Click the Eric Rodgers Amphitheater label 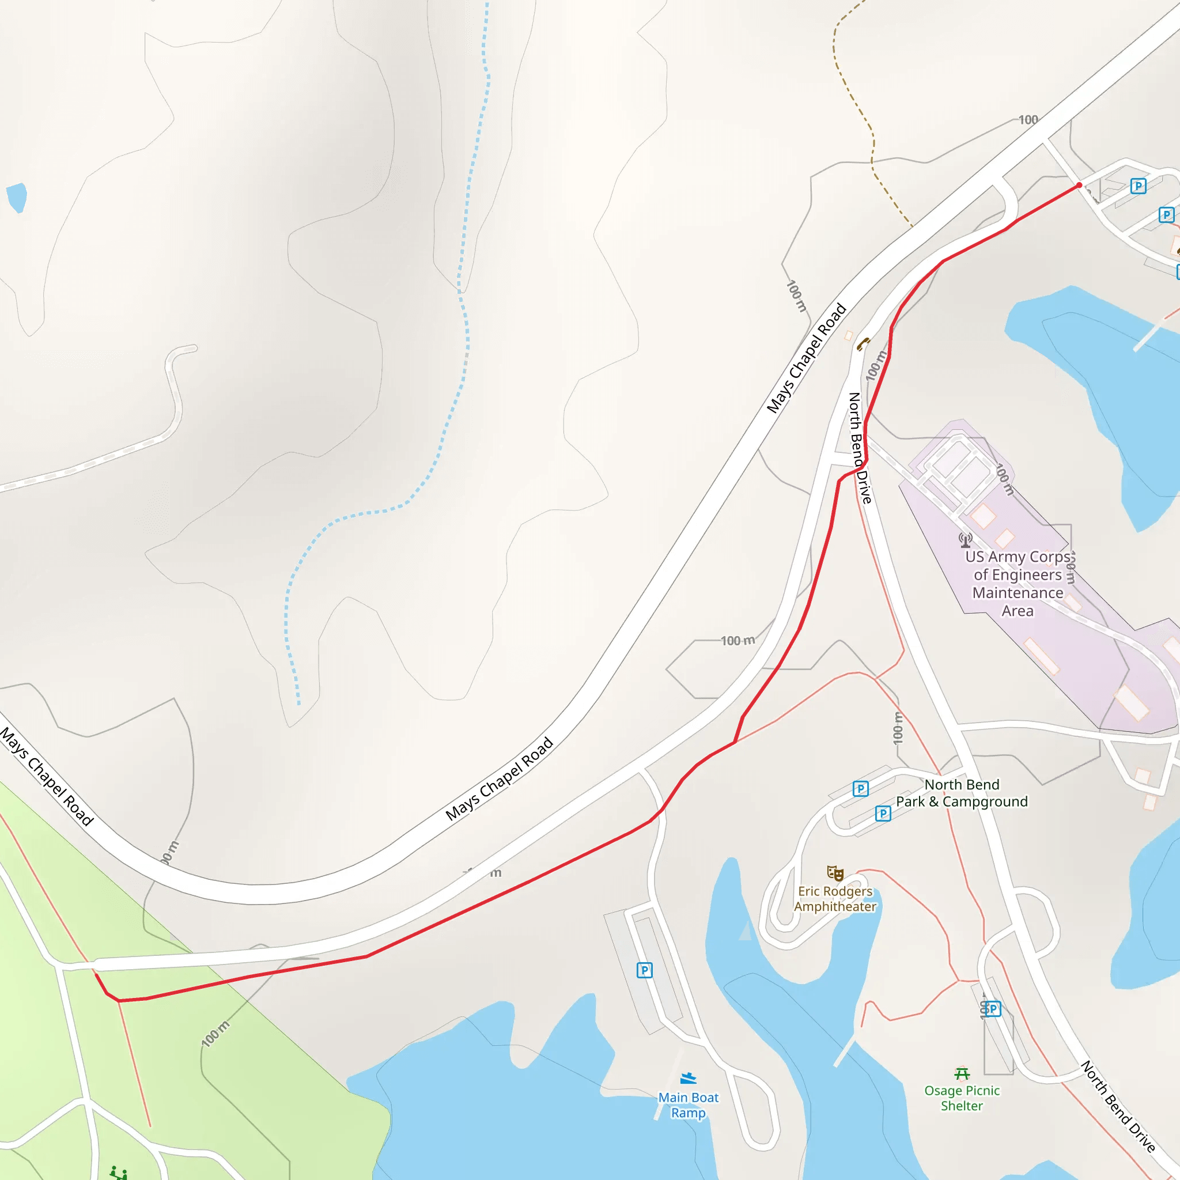835,898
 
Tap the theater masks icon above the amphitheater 835,873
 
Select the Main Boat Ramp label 689,1105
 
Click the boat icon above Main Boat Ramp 689,1078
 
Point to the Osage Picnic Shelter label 962,1098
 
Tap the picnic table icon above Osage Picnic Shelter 962,1073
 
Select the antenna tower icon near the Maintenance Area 965,539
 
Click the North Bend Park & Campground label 962,793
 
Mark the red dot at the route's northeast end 1079,185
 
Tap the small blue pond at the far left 17,197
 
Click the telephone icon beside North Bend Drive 863,344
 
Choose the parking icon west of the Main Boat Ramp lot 644,970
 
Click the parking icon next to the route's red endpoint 1138,186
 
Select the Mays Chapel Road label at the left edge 47,776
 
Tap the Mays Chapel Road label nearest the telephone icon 806,358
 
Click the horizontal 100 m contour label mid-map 738,641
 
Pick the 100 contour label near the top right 1028,120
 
